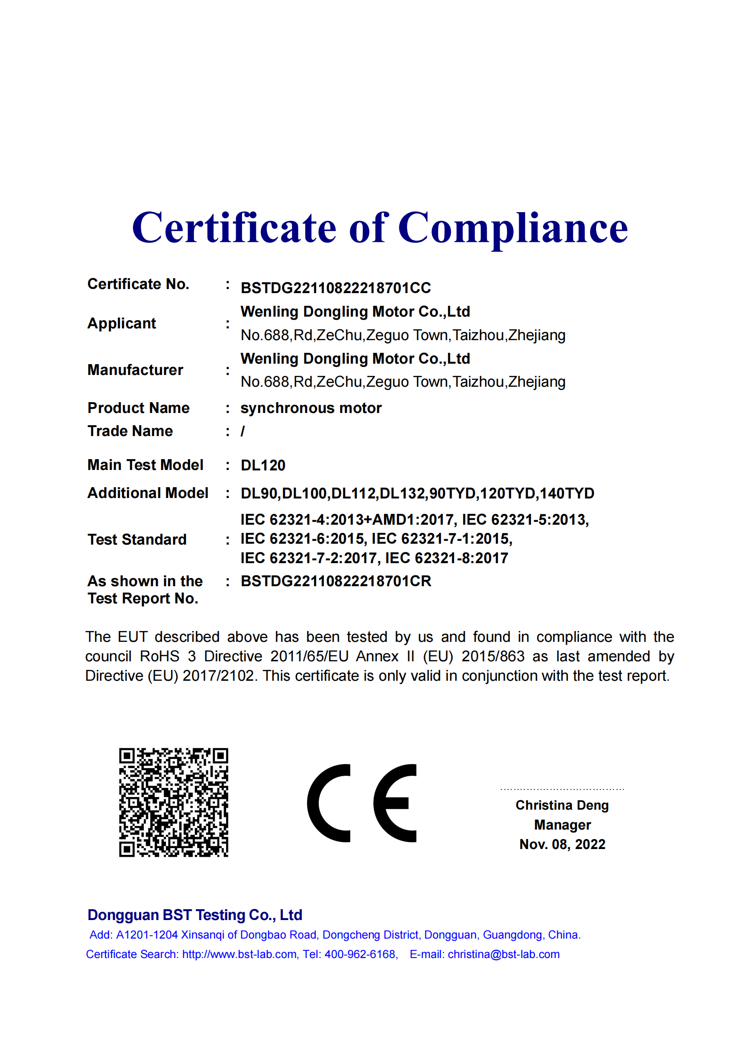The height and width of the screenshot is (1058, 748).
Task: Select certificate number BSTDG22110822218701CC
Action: click(x=336, y=288)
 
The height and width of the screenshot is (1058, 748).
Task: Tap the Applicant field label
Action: click(x=122, y=323)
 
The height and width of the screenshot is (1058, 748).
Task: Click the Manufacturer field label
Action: click(x=135, y=370)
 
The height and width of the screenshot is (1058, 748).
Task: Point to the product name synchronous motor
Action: click(x=311, y=408)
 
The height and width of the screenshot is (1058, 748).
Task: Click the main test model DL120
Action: click(x=263, y=465)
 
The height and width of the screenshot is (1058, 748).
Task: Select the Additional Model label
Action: click(x=148, y=493)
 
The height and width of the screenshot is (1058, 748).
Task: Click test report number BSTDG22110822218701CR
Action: click(x=336, y=582)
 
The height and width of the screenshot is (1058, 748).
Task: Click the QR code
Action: click(x=174, y=802)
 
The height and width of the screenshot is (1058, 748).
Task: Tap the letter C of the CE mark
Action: click(x=328, y=803)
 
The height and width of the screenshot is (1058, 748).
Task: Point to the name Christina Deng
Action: click(x=562, y=805)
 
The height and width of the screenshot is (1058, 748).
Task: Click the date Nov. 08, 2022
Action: click(x=563, y=844)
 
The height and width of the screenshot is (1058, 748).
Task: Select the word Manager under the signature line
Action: click(x=563, y=825)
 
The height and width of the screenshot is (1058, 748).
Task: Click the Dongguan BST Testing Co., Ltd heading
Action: click(x=195, y=915)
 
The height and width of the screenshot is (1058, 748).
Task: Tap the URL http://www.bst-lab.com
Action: click(x=240, y=954)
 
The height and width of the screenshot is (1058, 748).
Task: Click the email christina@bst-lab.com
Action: click(x=503, y=954)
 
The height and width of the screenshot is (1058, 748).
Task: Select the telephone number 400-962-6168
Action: click(x=360, y=954)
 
